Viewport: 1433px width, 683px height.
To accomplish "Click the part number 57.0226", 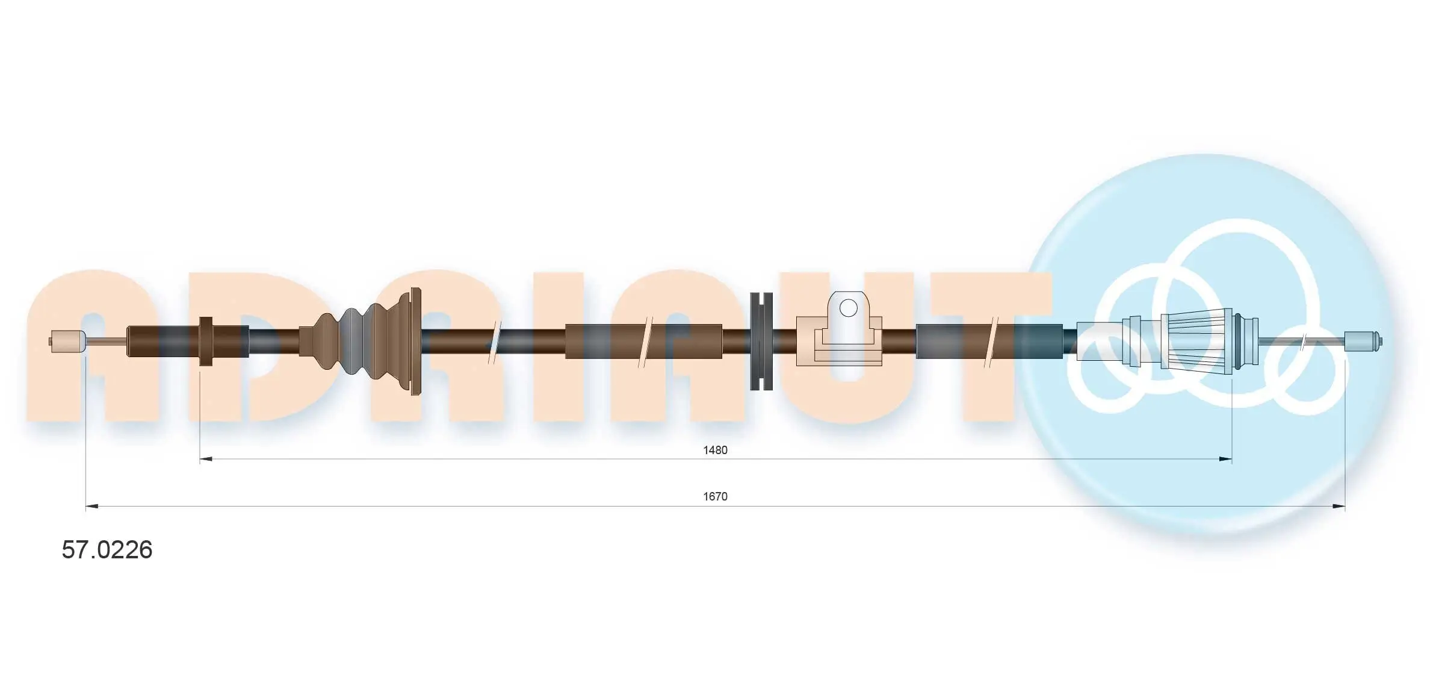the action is coord(107,550).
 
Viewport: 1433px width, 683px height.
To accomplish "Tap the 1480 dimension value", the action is coord(715,450).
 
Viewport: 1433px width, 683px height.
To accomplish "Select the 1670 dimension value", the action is coord(715,496).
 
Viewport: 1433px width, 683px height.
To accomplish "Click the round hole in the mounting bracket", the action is coord(848,308).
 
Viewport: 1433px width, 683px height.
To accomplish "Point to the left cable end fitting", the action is coord(67,341).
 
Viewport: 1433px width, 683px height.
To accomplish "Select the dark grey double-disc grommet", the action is coord(761,341).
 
